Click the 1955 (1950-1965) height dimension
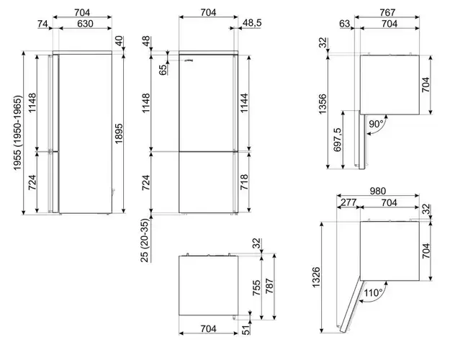(x=17, y=132)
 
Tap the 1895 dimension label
(x=119, y=133)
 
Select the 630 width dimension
(x=85, y=24)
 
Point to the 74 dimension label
(x=42, y=24)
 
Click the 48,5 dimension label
(x=252, y=23)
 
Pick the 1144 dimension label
(x=244, y=103)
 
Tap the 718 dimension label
(x=244, y=181)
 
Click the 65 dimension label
(x=163, y=70)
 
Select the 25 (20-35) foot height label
(x=145, y=240)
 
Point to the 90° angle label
(x=376, y=124)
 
